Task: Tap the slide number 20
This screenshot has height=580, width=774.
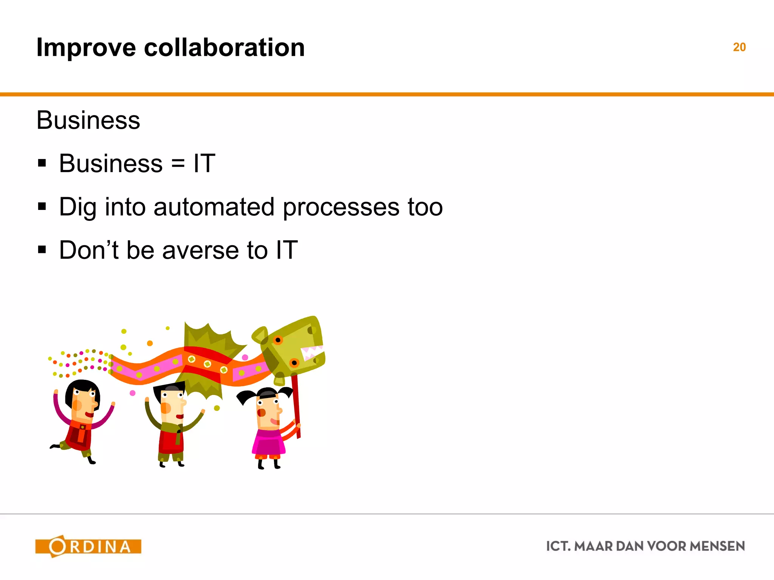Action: [739, 47]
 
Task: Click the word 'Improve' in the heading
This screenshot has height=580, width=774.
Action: [86, 48]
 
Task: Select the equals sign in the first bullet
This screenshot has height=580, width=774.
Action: [178, 164]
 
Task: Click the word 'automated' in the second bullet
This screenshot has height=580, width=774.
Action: [214, 207]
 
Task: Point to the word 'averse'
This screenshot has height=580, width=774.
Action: [200, 250]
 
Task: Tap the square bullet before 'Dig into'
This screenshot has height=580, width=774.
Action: [42, 207]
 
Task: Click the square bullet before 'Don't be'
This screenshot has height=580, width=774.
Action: [42, 250]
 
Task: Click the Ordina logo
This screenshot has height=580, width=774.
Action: [88, 546]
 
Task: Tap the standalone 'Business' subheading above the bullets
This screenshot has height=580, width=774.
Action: [88, 120]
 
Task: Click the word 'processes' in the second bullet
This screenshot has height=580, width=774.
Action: [341, 207]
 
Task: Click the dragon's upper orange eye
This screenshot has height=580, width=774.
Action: [278, 340]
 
